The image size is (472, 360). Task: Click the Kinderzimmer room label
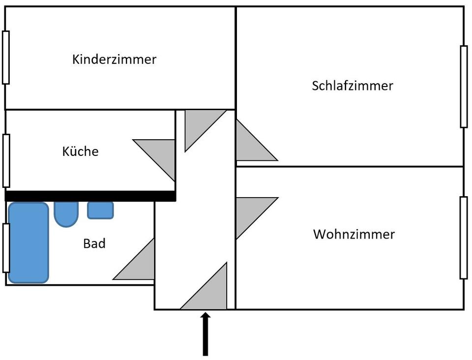[x=115, y=59]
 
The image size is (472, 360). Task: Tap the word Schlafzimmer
[x=353, y=86]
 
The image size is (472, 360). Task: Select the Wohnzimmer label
[x=354, y=234]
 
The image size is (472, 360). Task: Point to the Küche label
[x=80, y=151]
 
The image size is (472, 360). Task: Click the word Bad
[x=94, y=243]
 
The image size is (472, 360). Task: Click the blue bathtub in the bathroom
[x=29, y=243]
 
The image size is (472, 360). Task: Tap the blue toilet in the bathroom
[x=66, y=214]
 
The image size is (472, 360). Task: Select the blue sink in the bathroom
[x=100, y=210]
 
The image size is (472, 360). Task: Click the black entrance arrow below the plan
[x=206, y=334]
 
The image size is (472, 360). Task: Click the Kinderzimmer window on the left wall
[x=6, y=57]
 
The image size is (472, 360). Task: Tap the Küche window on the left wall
[x=6, y=161]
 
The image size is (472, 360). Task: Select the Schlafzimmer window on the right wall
[x=464, y=87]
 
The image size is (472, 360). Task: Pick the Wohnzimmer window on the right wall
[x=464, y=238]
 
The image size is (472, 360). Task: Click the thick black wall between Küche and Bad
[x=90, y=196]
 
